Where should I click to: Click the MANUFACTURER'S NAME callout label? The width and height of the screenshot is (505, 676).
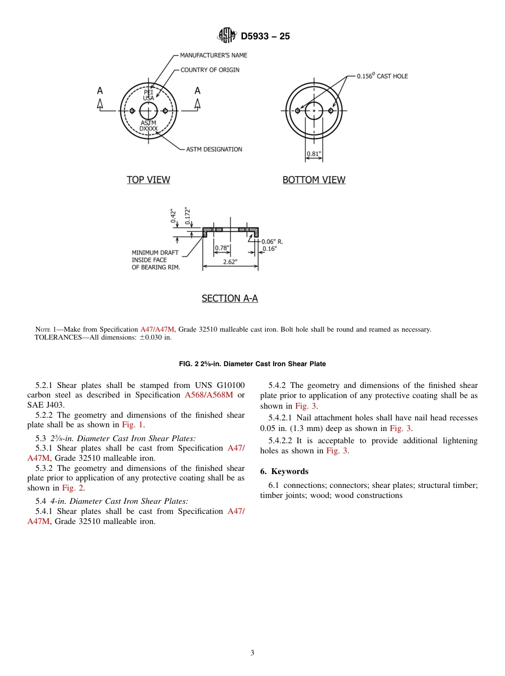pos(213,55)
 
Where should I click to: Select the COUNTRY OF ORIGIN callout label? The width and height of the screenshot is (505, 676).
pos(209,70)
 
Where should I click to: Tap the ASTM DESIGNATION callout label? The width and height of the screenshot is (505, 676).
pos(214,149)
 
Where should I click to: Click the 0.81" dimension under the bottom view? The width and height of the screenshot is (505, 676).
pos(314,155)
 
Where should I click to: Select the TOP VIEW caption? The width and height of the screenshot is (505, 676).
pos(148,180)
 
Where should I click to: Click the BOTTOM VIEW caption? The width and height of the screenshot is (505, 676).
pos(314,180)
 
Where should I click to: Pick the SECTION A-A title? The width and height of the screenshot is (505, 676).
pos(230,298)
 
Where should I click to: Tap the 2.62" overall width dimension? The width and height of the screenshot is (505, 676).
pos(230,261)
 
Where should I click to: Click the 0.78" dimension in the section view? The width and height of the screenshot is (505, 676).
pos(222,248)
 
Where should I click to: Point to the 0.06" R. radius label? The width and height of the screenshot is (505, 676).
pos(272,241)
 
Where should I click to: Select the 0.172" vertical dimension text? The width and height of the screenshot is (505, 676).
pos(187,216)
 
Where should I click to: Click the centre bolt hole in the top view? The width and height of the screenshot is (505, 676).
pos(148,111)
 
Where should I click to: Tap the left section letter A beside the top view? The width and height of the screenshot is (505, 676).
pos(99,91)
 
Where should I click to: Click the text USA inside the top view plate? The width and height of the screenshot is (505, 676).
pos(148,98)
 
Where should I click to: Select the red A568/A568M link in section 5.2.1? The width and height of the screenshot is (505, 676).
pos(209,395)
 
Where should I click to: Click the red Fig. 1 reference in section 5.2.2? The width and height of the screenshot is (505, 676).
pos(133,425)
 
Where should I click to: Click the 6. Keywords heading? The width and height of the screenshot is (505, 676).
pos(284,471)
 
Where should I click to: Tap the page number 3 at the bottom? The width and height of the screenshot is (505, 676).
pos(252,653)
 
